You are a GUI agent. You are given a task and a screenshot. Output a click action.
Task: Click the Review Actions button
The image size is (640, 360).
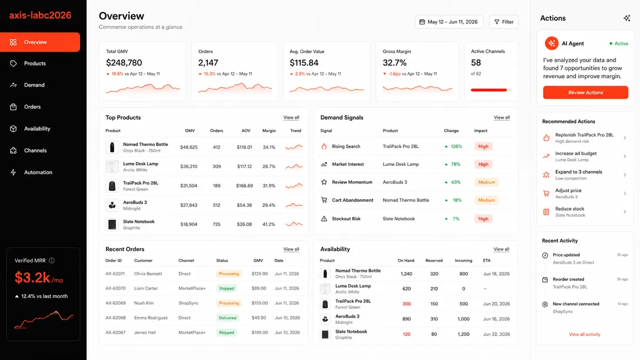[586, 93]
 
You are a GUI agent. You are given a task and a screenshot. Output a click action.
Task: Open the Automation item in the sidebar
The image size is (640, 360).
[38, 172]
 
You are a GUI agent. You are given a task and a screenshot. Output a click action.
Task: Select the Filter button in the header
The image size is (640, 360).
[503, 22]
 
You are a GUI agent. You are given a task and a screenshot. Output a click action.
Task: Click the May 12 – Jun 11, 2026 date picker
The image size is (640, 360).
[449, 22]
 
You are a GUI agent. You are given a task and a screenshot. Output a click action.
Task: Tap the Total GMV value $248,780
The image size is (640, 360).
[124, 62]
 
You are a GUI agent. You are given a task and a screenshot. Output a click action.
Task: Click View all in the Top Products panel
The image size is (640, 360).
[291, 117]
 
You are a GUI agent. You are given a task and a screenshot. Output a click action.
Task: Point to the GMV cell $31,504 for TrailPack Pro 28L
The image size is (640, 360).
[189, 186]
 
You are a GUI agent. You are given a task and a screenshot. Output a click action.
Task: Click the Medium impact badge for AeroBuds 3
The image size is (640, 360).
[486, 182]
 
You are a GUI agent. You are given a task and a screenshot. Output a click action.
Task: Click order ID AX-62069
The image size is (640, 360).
[115, 303]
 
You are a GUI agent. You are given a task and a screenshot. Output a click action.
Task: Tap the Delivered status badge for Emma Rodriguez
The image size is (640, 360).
[227, 318]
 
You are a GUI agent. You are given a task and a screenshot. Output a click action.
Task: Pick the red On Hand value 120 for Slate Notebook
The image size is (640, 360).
[406, 334]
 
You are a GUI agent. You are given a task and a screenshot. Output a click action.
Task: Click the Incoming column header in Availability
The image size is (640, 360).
[463, 261]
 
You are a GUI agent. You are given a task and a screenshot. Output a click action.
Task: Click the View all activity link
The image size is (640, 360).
[585, 334]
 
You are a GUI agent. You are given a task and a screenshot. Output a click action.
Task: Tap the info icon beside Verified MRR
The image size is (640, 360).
[52, 261]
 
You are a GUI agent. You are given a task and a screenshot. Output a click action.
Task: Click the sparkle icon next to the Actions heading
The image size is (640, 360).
[627, 18]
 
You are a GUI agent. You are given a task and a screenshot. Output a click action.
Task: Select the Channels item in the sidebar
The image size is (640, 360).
[35, 150]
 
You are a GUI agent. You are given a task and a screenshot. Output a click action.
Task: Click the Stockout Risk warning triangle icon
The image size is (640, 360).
[324, 219]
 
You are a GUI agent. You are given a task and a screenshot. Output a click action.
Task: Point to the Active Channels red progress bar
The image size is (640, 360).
[489, 90]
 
